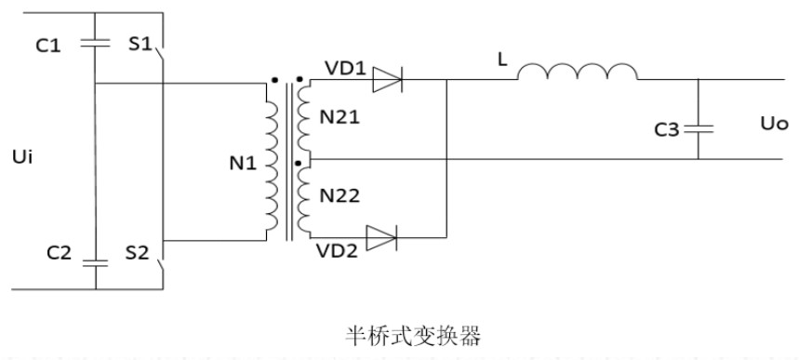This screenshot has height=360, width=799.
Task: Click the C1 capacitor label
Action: [48, 44]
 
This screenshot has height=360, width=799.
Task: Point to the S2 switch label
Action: [138, 253]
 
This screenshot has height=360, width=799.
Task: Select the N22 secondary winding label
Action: [340, 196]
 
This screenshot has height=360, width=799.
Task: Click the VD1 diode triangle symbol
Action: [384, 82]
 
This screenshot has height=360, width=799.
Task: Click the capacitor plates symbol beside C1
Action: [95, 42]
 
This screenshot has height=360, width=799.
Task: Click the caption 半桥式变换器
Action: [400, 331]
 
